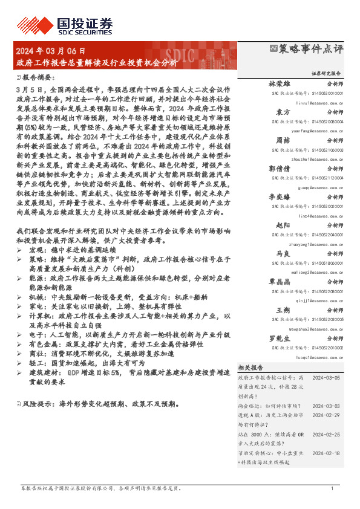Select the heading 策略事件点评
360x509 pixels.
point(310,50)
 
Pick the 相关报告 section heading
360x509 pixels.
point(250,368)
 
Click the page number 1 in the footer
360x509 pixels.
point(332,488)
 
